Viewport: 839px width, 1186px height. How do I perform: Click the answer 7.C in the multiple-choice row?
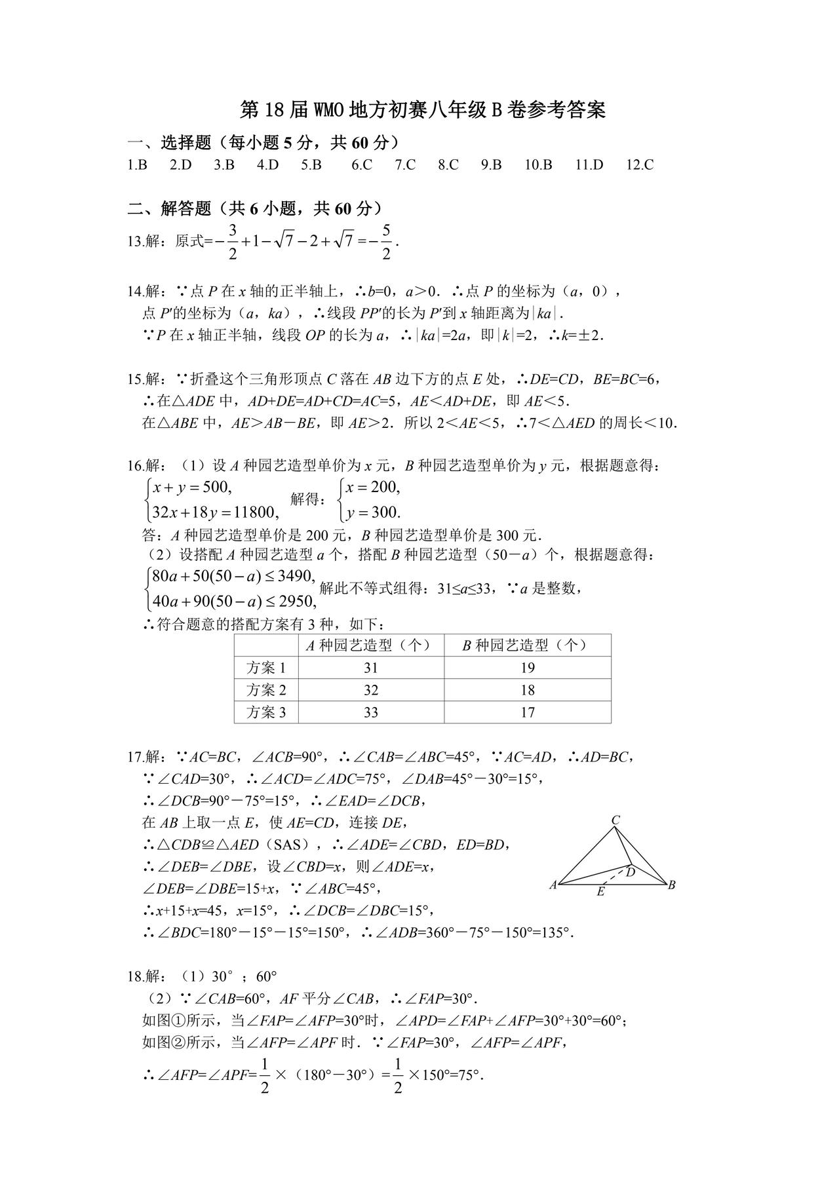(x=405, y=164)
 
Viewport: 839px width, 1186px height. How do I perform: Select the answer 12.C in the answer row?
(x=640, y=164)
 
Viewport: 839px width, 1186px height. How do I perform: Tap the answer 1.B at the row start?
(x=137, y=164)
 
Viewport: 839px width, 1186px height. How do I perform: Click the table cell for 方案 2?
(x=266, y=690)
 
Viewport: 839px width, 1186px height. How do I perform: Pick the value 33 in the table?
(x=371, y=712)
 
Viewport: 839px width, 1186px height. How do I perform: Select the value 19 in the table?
(x=528, y=668)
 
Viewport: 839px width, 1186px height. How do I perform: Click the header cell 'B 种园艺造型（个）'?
(x=527, y=645)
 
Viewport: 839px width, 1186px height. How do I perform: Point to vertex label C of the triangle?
(x=615, y=820)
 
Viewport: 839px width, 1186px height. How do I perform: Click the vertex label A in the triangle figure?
(x=553, y=885)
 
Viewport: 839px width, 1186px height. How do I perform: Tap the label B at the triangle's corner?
(x=671, y=885)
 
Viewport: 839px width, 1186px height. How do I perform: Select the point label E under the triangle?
(x=600, y=892)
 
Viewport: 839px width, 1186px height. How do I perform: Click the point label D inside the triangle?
(x=630, y=872)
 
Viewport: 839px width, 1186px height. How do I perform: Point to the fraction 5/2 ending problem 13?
(x=386, y=241)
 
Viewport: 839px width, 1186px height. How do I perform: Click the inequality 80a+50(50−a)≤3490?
(x=233, y=577)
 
